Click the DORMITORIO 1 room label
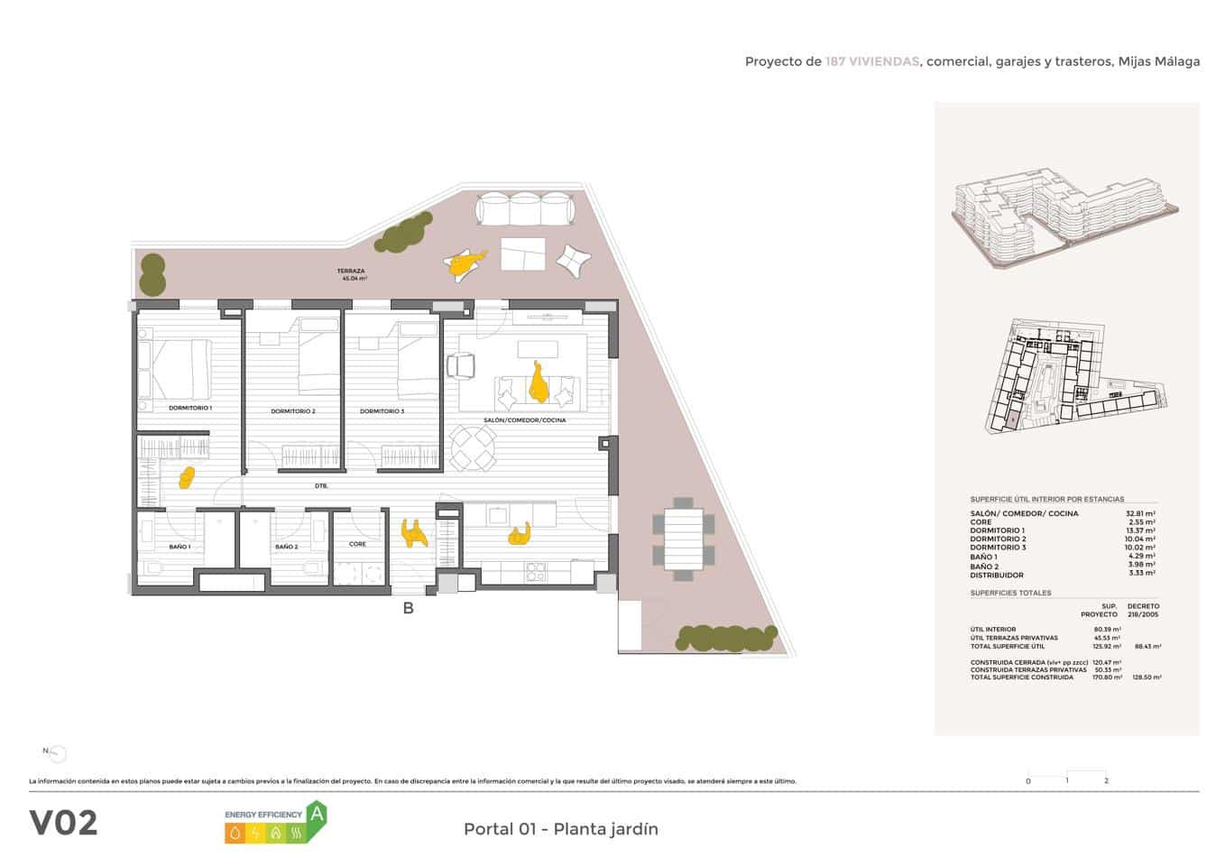(189, 408)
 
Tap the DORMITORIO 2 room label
(292, 411)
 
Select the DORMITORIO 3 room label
(382, 411)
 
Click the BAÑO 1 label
(180, 547)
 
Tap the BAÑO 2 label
(286, 547)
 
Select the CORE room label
(357, 544)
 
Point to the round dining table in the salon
(473, 447)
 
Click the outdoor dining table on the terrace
(683, 539)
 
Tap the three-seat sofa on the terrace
(524, 210)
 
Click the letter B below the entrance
(408, 609)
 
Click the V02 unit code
(63, 823)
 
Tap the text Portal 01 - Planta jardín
(560, 829)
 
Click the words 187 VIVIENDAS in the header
(871, 61)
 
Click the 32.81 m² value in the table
(1140, 513)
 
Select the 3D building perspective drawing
(1064, 216)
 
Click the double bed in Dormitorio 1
(180, 369)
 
